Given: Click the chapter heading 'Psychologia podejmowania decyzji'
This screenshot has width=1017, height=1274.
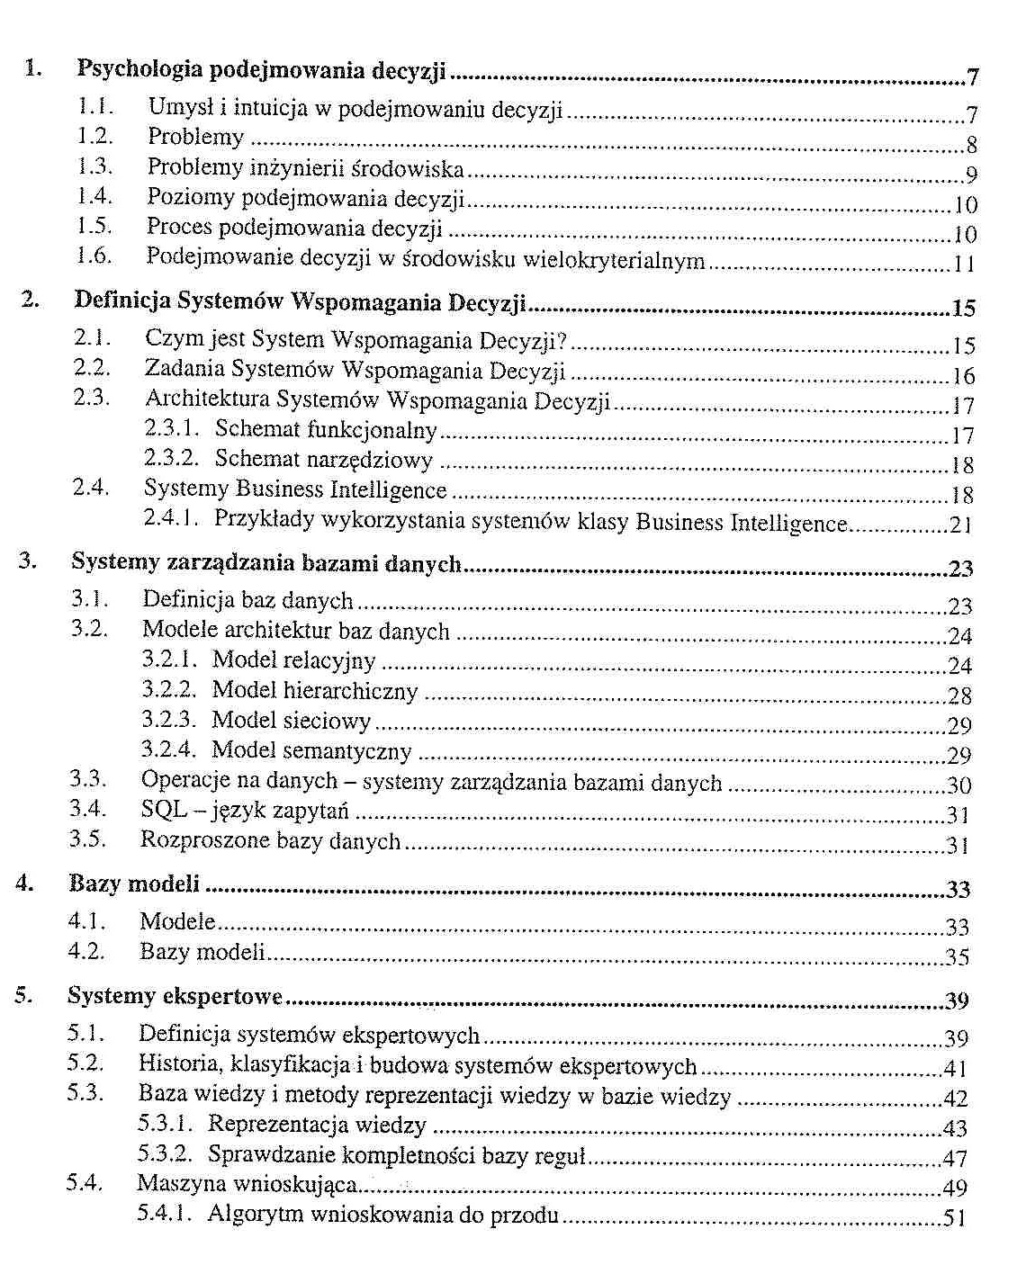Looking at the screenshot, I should point(261,69).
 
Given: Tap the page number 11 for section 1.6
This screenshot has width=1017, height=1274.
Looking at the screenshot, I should point(964,265).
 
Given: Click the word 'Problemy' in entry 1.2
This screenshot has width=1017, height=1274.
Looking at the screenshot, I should point(195,137).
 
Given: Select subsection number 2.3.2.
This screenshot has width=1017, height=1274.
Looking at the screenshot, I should point(170,459).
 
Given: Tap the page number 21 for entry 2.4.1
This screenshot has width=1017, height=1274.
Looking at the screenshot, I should point(960,525).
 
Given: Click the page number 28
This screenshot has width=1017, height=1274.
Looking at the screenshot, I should point(959,695).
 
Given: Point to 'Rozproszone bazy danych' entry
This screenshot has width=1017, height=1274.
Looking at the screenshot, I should point(270,840).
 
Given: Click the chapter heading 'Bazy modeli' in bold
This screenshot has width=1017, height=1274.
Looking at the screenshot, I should point(134,884).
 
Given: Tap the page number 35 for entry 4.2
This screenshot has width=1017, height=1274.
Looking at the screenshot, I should point(957,957).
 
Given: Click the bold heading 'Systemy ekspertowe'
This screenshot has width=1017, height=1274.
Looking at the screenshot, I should point(175,996).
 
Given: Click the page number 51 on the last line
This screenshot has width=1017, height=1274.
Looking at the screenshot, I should point(953,1219).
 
